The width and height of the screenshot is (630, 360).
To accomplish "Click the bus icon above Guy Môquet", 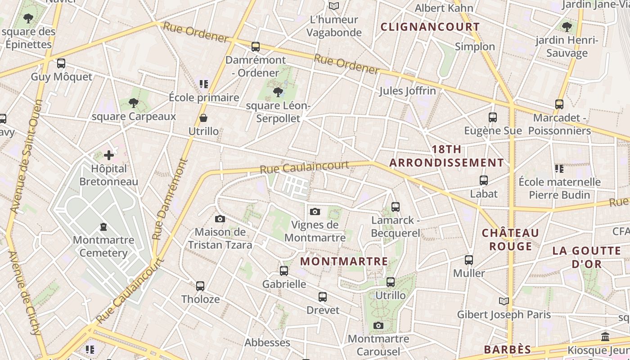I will coord(61,63).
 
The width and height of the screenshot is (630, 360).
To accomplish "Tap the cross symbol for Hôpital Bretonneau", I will coord(109,156).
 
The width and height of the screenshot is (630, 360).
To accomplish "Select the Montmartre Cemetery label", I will coord(103,246).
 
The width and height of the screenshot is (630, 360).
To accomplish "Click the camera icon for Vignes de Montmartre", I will coord(315,211).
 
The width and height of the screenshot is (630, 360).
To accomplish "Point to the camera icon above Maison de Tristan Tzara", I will coord(220,219).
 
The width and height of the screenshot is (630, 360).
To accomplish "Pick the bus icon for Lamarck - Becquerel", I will coord(396,207).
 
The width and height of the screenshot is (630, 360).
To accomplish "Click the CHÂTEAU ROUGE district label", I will coord(510,239).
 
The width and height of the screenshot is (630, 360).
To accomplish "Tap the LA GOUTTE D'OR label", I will coord(587,257).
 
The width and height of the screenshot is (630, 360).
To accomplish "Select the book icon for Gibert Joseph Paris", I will coord(504,301).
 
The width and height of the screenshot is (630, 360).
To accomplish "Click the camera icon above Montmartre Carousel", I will coord(378,325).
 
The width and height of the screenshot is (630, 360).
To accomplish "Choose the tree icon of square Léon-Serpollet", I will coord(278,93).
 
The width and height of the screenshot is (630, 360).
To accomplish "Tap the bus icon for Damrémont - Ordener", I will coord(256,46).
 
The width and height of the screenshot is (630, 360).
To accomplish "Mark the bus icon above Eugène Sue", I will coord(493,117).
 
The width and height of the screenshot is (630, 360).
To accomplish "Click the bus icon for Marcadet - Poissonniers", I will coord(559,104).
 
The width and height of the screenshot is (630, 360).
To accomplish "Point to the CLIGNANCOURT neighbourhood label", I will coord(430,27).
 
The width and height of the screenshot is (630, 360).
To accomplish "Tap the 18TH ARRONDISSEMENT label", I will coord(446,156).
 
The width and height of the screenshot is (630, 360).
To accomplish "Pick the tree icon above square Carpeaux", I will coord(133,103).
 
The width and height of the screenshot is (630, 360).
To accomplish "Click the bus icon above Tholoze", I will coord(200,286).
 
